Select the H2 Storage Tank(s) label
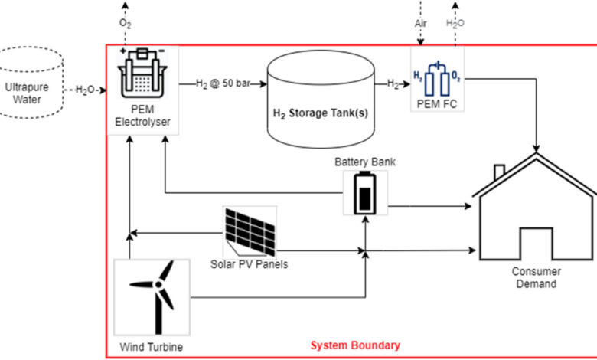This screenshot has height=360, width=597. click(x=321, y=113)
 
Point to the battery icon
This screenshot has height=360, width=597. click(x=364, y=193)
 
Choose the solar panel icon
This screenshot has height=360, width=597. click(x=250, y=232)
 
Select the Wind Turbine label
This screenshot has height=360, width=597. click(x=152, y=346)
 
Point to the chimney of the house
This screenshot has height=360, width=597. click(x=499, y=171)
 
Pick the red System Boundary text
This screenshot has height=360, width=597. click(x=354, y=345)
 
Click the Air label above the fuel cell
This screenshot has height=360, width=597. click(x=421, y=23)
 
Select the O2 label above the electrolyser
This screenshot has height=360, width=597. click(x=125, y=23)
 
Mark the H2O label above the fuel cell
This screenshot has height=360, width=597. click(x=455, y=23)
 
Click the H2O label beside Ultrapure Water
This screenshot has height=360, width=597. click(x=85, y=90)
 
